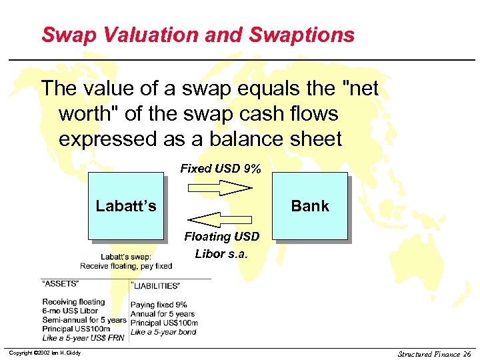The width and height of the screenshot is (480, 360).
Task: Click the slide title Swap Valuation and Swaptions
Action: pyautogui.click(x=197, y=35)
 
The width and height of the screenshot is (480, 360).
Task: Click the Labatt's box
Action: pyautogui.click(x=126, y=205)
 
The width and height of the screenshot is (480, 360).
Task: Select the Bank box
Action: pyautogui.click(x=310, y=205)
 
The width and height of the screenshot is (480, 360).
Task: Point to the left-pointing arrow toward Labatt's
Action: pyautogui.click(x=219, y=219)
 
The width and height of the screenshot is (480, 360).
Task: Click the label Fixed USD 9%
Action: pyautogui.click(x=220, y=169)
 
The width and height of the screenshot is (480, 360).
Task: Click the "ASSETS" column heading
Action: pyautogui.click(x=61, y=283)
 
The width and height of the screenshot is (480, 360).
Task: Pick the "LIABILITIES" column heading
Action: pyautogui.click(x=155, y=286)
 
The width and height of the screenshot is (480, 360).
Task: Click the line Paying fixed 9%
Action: pyautogui.click(x=159, y=305)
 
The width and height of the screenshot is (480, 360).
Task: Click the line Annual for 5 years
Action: pyautogui.click(x=162, y=314)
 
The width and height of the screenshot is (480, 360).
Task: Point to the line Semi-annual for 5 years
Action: pyautogui.click(x=83, y=320)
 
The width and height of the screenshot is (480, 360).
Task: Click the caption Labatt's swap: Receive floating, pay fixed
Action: pyautogui.click(x=126, y=261)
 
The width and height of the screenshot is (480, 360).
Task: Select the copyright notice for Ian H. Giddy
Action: pyautogui.click(x=45, y=353)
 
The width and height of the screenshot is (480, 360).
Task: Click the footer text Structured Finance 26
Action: pyautogui.click(x=434, y=354)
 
